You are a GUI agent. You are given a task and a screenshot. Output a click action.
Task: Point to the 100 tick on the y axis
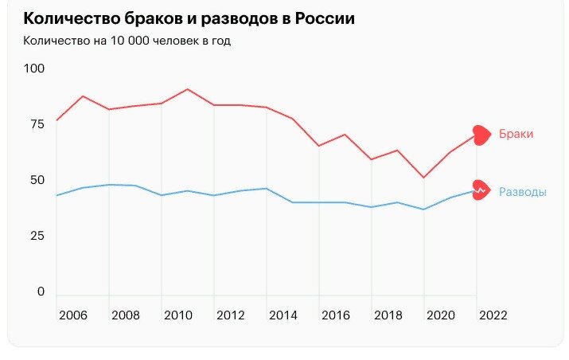35,69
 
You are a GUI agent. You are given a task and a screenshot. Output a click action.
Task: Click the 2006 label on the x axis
72,315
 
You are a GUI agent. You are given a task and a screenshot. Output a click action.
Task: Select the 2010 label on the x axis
177,315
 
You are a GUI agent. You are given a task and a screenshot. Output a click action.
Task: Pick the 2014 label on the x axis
283,315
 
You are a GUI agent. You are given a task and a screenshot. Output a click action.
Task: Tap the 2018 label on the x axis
388,315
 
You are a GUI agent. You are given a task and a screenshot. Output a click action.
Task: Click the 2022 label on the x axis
493,315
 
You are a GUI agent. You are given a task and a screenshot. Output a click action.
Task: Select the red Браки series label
516,135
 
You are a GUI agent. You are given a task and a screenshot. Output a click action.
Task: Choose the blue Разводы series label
522,192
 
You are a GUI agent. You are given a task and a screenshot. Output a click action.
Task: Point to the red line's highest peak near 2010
187,89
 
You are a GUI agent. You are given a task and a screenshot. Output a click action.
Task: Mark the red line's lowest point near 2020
423,178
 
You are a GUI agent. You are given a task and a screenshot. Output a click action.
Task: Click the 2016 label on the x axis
335,315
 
